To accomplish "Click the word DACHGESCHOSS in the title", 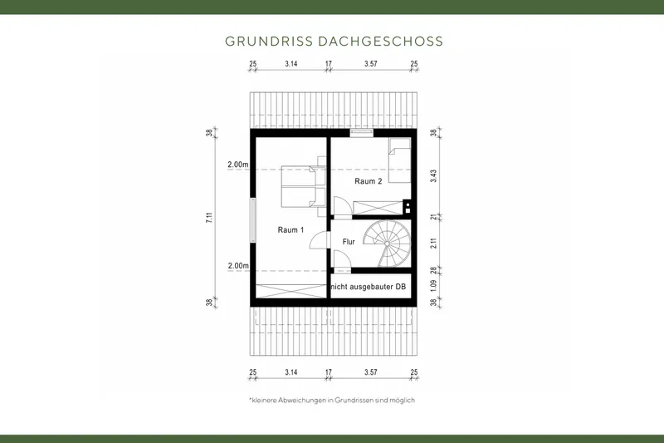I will [382, 41].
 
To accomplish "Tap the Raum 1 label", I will [290, 229].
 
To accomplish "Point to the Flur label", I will [349, 242].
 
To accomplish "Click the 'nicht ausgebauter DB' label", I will [369, 287].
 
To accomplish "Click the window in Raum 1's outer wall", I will [252, 220].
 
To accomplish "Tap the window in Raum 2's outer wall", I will [361, 132].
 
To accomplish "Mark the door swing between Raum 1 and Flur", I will [319, 241].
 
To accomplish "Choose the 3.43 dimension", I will [434, 175].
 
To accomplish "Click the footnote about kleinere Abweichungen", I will [331, 400].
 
